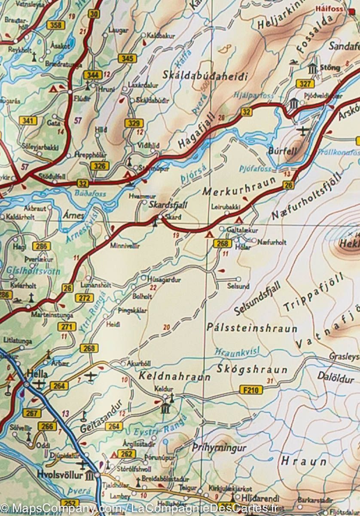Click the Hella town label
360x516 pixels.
[37, 373]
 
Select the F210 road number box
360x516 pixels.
[250, 390]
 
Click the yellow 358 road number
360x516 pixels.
[56, 25]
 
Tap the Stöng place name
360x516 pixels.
[330, 68]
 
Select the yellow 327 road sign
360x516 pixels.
[305, 84]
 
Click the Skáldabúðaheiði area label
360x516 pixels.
[205, 76]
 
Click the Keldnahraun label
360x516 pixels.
[174, 376]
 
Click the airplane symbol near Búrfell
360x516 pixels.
[303, 131]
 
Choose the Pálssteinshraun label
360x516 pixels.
[252, 328]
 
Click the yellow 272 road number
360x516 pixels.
[84, 298]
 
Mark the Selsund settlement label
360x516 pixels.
[238, 286]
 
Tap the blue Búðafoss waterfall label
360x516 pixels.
[90, 194]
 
